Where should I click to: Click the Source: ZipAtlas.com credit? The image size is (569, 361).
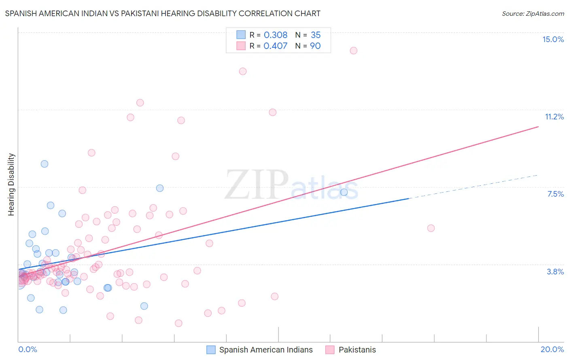533,14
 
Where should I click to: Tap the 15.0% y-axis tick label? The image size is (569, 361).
553,39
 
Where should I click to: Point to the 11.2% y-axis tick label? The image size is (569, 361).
554,117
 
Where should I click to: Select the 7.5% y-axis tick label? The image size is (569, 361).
555,194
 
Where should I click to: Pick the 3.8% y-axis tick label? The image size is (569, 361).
555,272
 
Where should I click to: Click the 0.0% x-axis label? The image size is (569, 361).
28,349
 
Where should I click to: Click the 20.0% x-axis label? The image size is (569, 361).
552,349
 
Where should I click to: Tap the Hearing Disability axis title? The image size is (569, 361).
11,185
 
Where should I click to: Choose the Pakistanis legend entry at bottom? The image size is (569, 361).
357,350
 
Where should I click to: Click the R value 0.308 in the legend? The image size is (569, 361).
275,35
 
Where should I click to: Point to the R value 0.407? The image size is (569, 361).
275,46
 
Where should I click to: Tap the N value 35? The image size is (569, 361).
316,35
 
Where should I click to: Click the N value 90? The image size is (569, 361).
315,46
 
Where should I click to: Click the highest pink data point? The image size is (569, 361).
353,51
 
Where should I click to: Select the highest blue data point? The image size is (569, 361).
45,164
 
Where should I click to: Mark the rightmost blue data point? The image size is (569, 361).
344,192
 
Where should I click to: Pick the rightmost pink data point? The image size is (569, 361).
431,228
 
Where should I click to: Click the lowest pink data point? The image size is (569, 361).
178,323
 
